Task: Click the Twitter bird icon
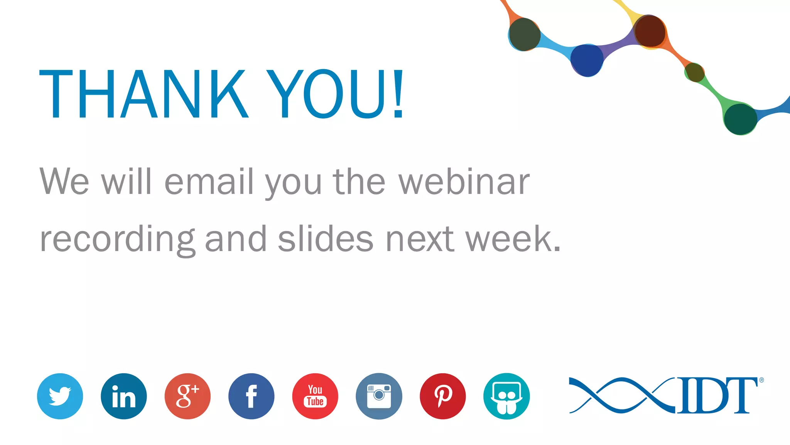(x=60, y=396)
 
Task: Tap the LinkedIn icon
(x=124, y=396)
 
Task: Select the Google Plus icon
(x=187, y=396)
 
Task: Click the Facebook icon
(x=251, y=396)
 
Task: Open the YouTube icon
(x=315, y=396)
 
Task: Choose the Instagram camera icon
(x=379, y=396)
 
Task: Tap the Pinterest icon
(x=443, y=396)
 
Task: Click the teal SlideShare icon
(x=506, y=396)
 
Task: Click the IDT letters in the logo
(x=717, y=396)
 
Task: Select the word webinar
(x=464, y=182)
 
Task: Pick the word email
(x=209, y=182)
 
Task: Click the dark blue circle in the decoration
(x=587, y=60)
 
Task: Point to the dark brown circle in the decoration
(x=650, y=31)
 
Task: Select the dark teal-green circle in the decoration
(x=740, y=119)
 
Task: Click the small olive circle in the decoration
(x=695, y=72)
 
